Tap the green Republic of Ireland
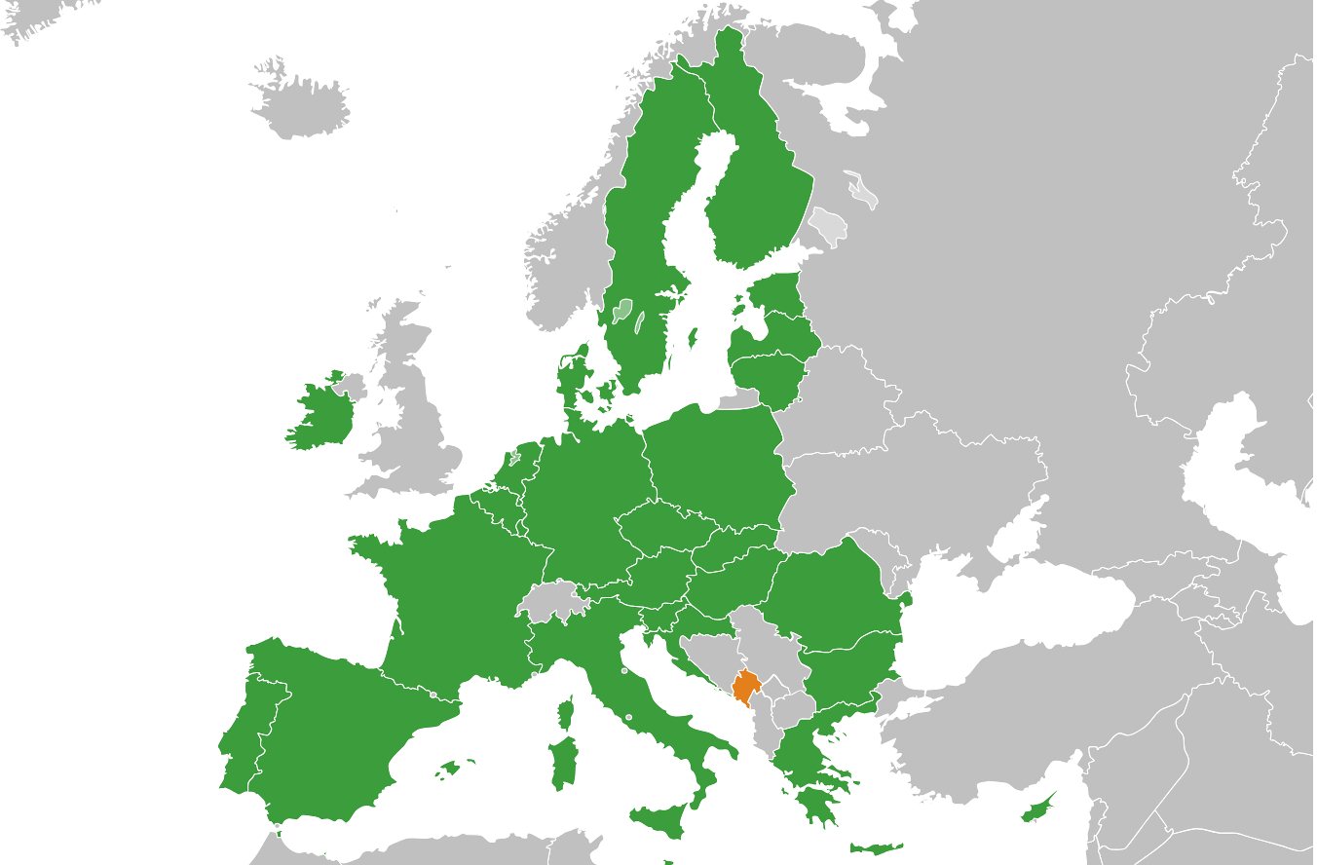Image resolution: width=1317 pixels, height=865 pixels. click(321, 414)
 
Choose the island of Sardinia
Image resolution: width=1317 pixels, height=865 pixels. click(563, 764)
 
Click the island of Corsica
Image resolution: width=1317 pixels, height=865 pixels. click(565, 713)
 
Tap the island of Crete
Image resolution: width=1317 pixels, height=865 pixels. click(875, 848)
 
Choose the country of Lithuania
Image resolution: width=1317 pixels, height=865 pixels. click(770, 375)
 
